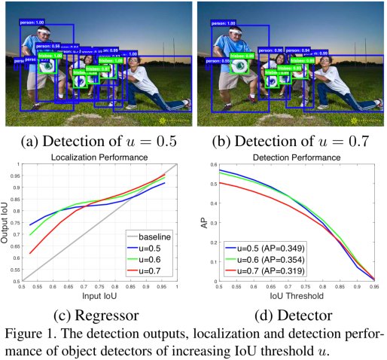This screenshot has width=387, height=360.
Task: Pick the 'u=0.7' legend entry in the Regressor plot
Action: click(151, 268)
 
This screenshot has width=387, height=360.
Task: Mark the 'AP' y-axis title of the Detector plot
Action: click(202, 221)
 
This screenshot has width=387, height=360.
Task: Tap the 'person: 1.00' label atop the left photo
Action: click(36, 23)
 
